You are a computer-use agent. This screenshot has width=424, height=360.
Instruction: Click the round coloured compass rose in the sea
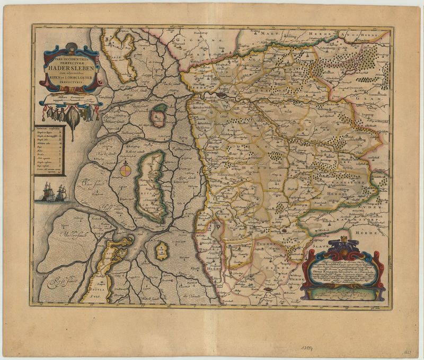pos(126,170)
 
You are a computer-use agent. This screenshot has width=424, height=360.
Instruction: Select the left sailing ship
pos(47,191)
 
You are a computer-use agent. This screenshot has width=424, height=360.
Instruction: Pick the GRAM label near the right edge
pos(365,98)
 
